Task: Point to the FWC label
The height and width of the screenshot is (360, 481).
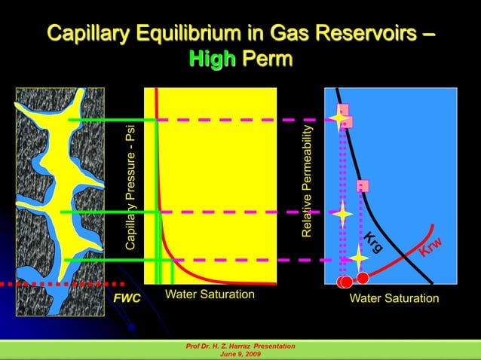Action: click(x=127, y=298)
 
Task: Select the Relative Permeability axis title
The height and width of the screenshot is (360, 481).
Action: click(x=306, y=182)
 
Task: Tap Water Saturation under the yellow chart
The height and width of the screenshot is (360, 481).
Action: click(x=210, y=294)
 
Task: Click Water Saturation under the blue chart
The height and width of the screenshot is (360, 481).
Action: click(x=394, y=298)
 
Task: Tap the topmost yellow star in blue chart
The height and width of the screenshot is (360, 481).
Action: click(x=337, y=117)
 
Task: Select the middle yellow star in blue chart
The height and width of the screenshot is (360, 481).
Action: click(x=342, y=214)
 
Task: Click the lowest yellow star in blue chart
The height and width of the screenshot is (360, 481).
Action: click(x=357, y=259)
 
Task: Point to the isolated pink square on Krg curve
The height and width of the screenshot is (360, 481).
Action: click(x=363, y=185)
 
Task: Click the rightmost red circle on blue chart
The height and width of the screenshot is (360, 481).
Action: click(x=363, y=278)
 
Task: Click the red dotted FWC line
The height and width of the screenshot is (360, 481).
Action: click(x=60, y=284)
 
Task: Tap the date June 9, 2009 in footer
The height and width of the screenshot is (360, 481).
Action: click(x=240, y=353)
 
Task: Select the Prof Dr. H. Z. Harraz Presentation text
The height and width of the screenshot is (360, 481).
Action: click(x=240, y=346)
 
